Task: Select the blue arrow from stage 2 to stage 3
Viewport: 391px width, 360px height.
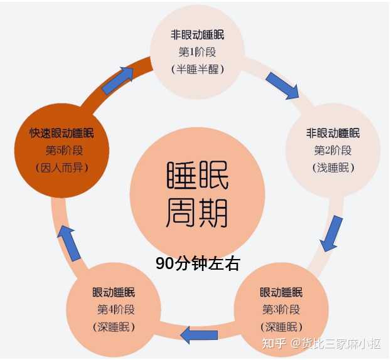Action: pyautogui.click(x=331, y=233)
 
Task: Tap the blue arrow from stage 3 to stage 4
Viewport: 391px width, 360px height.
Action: pyautogui.click(x=199, y=334)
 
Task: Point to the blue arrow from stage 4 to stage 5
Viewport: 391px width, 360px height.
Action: pyautogui.click(x=69, y=243)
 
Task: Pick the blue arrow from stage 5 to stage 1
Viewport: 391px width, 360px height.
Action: pyautogui.click(x=118, y=80)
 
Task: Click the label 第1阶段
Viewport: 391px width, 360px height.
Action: pyautogui.click(x=197, y=52)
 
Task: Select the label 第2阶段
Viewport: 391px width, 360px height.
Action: pyautogui.click(x=333, y=151)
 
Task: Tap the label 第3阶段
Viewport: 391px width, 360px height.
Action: pyautogui.click(x=281, y=310)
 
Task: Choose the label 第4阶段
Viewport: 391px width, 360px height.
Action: pyautogui.click(x=116, y=310)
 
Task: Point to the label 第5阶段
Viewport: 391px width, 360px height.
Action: pyautogui.click(x=64, y=151)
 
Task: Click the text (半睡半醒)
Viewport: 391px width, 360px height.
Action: pyautogui.click(x=198, y=69)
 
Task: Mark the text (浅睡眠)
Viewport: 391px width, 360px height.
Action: pyautogui.click(x=333, y=167)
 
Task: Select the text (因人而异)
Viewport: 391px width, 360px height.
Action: pyautogui.click(x=62, y=167)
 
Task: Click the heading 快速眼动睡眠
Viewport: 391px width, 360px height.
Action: pyautogui.click(x=62, y=133)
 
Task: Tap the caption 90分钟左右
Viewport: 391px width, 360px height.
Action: pyautogui.click(x=198, y=263)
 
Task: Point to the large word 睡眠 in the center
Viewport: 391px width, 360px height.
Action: pyautogui.click(x=197, y=174)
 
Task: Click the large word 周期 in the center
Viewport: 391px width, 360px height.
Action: pyautogui.click(x=197, y=213)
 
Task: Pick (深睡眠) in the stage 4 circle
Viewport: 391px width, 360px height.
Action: pyautogui.click(x=114, y=327)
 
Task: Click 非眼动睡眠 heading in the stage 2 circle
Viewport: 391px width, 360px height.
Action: pyautogui.click(x=333, y=133)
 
